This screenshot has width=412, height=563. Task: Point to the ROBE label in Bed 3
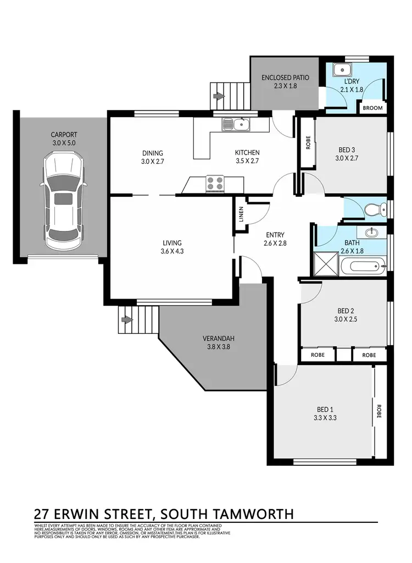[308, 143]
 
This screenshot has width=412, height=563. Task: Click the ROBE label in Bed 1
[378, 412]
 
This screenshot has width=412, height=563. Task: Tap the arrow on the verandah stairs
[128, 319]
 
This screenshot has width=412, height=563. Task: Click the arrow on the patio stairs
[220, 96]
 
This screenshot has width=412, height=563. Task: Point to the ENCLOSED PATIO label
[285, 78]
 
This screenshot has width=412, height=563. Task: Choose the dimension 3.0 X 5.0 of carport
[64, 142]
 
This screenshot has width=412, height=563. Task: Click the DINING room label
[152, 153]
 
